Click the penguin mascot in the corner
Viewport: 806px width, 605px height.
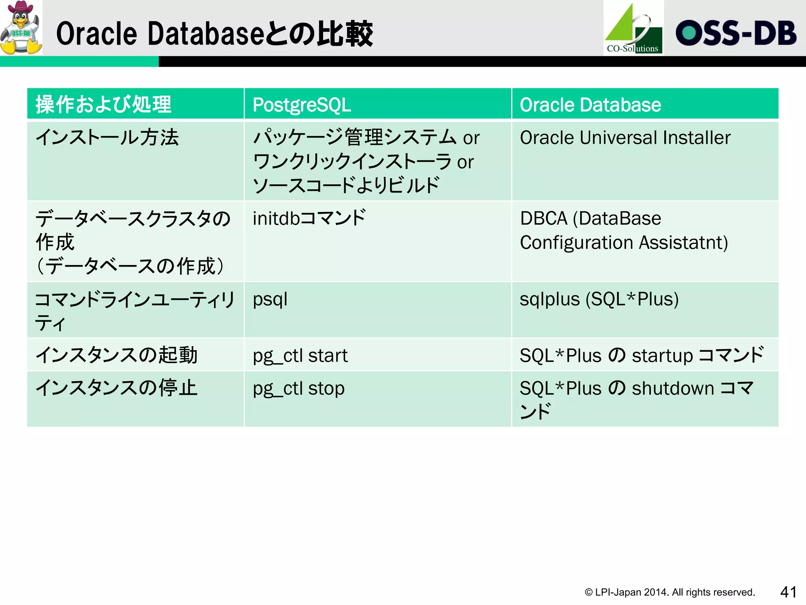[21, 28]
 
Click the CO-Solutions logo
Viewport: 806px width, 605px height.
[633, 28]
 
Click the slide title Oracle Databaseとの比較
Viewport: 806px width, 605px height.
[214, 34]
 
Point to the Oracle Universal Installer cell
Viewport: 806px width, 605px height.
[625, 138]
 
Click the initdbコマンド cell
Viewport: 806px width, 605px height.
[309, 218]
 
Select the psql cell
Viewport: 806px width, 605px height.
[270, 299]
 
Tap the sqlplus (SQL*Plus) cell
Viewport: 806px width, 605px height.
[599, 299]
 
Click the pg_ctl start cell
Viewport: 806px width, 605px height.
[300, 355]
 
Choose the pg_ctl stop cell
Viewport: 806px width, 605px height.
[299, 388]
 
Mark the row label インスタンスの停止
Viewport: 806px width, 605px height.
[116, 388]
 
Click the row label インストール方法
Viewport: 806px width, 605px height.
[107, 138]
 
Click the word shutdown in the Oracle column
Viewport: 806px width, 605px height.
[673, 388]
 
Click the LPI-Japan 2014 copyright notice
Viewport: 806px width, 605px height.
[669, 592]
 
